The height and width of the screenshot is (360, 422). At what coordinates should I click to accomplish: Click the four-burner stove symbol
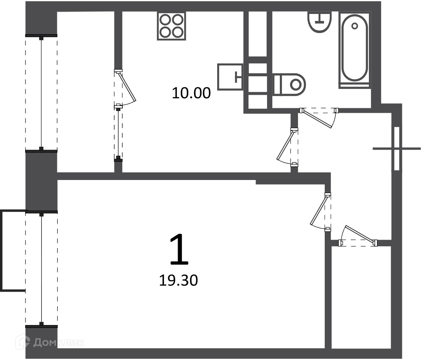pos(171,26)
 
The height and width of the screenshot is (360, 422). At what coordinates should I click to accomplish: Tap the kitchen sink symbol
pos(230,77)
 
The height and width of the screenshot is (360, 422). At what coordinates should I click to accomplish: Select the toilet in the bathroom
pos(289,84)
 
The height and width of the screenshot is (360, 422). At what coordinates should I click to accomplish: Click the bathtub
pos(354,50)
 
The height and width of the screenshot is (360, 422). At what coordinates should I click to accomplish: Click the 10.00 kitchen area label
pos(191,93)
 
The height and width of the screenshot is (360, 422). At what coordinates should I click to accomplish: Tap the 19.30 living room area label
pos(178,281)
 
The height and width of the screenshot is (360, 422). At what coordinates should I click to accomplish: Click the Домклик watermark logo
pos(50,342)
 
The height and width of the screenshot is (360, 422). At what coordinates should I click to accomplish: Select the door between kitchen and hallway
pos(288,146)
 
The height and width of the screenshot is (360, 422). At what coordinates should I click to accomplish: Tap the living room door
pos(321,212)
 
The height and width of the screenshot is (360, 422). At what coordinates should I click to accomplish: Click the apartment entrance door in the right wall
pos(396,148)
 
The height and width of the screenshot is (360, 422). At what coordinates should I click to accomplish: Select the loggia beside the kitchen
pos(86,92)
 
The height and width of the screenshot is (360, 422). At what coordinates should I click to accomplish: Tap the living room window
pos(41,269)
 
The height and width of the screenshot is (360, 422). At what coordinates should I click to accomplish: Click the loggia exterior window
pos(41,93)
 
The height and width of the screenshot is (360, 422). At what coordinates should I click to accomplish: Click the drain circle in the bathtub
pos(354,26)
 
